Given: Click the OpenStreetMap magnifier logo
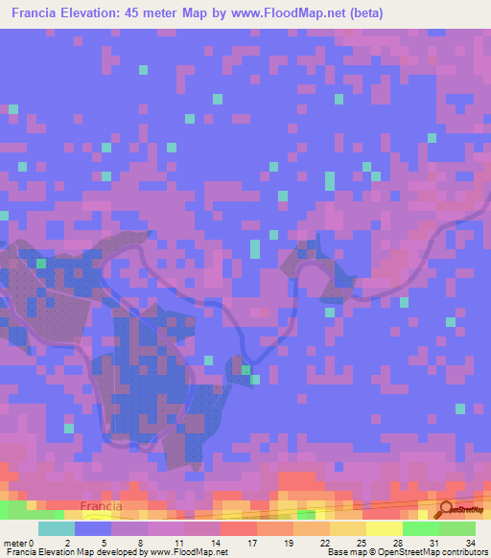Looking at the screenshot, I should (x=446, y=509).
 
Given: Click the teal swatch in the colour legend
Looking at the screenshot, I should (x=57, y=528).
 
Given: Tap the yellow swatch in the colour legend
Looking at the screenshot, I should (x=385, y=528).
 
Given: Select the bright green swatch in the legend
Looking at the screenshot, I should (x=421, y=528).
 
